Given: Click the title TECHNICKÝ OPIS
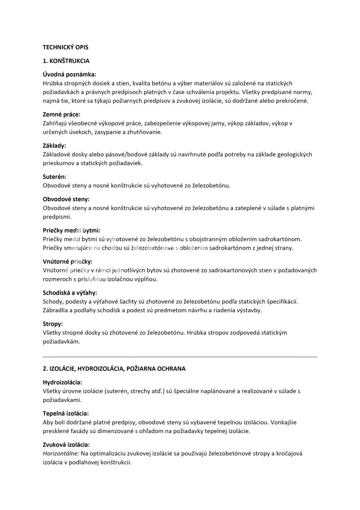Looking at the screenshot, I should point(65,47).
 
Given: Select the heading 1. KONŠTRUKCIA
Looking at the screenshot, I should point(66,61).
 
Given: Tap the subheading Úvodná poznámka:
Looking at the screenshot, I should point(69,75).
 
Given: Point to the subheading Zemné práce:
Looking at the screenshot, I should point(61,115).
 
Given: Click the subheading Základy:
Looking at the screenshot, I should point(54,146).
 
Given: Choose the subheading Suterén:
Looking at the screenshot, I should point(55,177).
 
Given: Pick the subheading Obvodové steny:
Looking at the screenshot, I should point(66,199).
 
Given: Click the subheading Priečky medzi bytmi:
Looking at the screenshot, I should point(71,230).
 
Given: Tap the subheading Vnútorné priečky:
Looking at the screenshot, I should point(67,261).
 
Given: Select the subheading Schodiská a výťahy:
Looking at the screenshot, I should point(70,292).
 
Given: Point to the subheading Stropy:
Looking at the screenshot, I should point(53,324).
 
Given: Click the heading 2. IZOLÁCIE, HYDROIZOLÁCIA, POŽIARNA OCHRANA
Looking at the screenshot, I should point(114,369).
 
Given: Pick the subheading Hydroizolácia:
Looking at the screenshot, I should point(62,382).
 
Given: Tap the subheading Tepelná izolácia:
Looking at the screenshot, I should point(66,413).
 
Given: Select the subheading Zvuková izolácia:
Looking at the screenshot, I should point(66,445).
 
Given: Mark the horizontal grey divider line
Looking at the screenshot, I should point(180,357).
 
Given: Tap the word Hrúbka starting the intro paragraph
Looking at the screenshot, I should point(52,83).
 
